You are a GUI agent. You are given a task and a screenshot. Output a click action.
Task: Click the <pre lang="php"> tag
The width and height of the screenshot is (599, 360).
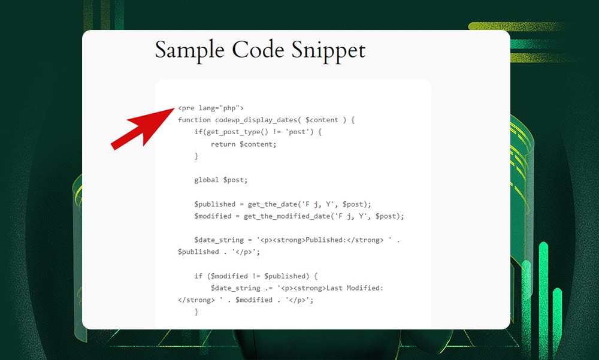[x=211, y=108]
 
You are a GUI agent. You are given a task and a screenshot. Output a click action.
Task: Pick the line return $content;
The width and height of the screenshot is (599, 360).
[x=244, y=144]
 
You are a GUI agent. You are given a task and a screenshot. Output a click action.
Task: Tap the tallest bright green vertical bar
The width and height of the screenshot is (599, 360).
[x=543, y=288]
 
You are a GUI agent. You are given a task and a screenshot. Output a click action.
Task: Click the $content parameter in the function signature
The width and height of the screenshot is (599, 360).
[x=322, y=120]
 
